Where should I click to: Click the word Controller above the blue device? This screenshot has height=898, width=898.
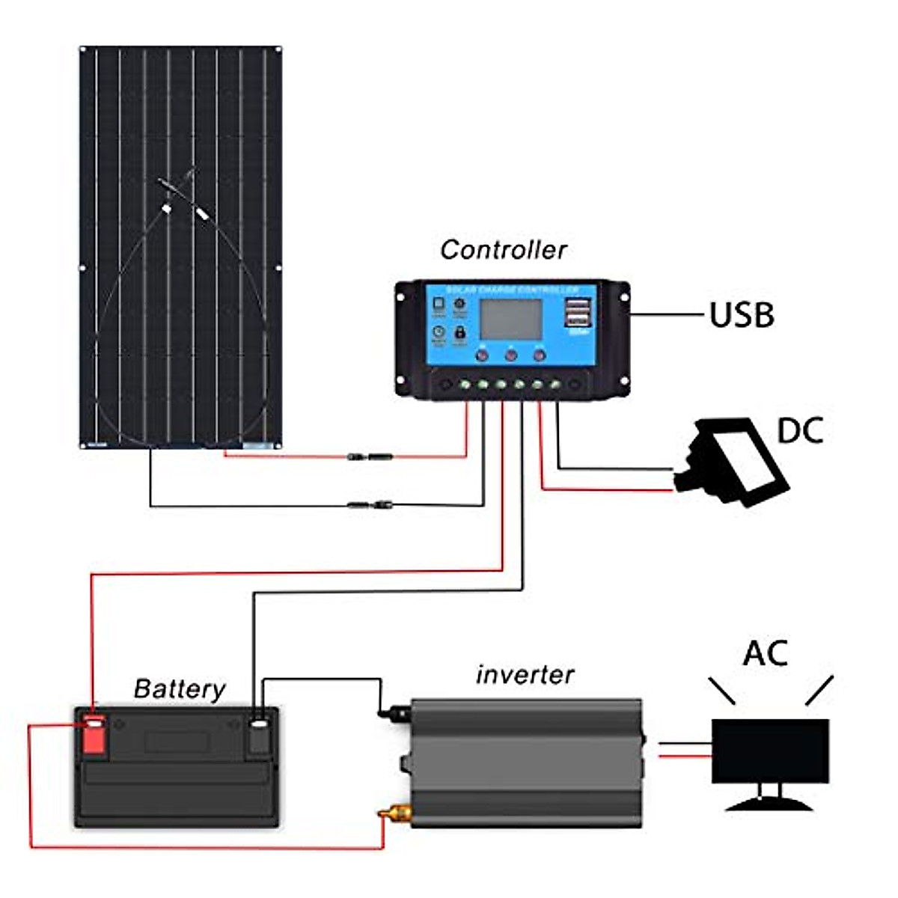503,250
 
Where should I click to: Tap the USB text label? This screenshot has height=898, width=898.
741,315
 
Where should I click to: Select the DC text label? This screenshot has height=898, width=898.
800,431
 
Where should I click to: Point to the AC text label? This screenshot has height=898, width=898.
765,653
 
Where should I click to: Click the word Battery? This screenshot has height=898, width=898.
180,688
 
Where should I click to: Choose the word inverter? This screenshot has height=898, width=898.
525,674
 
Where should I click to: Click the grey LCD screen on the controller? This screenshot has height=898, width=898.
510,318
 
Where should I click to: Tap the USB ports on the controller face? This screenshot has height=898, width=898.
578,313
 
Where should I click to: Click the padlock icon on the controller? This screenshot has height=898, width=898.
459,331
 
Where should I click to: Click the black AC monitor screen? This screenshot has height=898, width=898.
770,751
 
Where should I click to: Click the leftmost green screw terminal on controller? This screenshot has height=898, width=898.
465,385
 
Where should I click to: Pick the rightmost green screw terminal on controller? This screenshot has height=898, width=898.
555,385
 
